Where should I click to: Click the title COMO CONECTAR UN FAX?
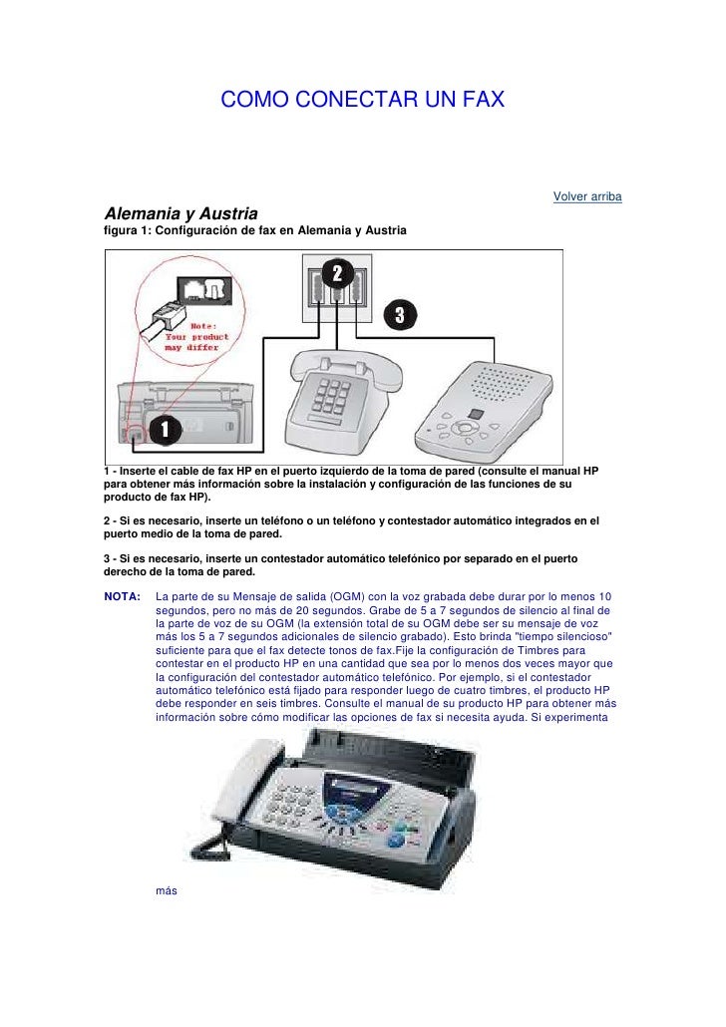click(x=363, y=101)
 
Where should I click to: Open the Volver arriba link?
click(x=587, y=196)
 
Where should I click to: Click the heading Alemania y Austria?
click(x=181, y=214)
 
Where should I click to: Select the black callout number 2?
click(x=337, y=273)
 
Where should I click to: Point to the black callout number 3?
click(x=399, y=314)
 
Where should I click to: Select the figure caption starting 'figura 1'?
click(x=255, y=231)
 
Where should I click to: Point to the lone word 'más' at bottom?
click(x=167, y=890)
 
